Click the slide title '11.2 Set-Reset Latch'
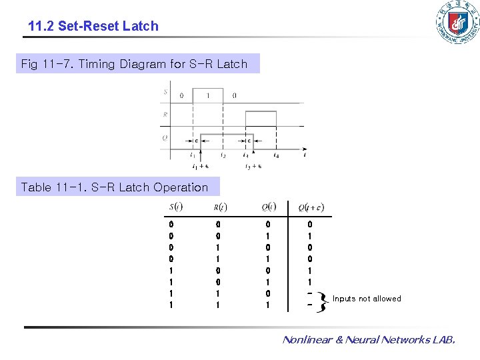[x=93, y=26]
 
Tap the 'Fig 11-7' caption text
[x=134, y=64]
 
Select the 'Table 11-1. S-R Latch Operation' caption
[x=115, y=187]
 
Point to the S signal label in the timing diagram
[x=165, y=92]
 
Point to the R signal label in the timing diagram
[x=165, y=115]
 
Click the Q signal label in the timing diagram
[x=165, y=138]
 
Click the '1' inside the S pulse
[x=208, y=95]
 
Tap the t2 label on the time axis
[x=223, y=156]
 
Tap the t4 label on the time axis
[x=277, y=156]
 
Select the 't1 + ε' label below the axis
[x=200, y=167]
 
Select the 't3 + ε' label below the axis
[x=253, y=167]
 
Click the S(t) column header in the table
[x=177, y=206]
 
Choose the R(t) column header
[x=220, y=206]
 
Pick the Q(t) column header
[x=269, y=206]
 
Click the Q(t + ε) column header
[x=311, y=207]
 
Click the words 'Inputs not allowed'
[x=367, y=299]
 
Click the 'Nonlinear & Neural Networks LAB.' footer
[x=369, y=340]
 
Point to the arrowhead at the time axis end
[x=305, y=149]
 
